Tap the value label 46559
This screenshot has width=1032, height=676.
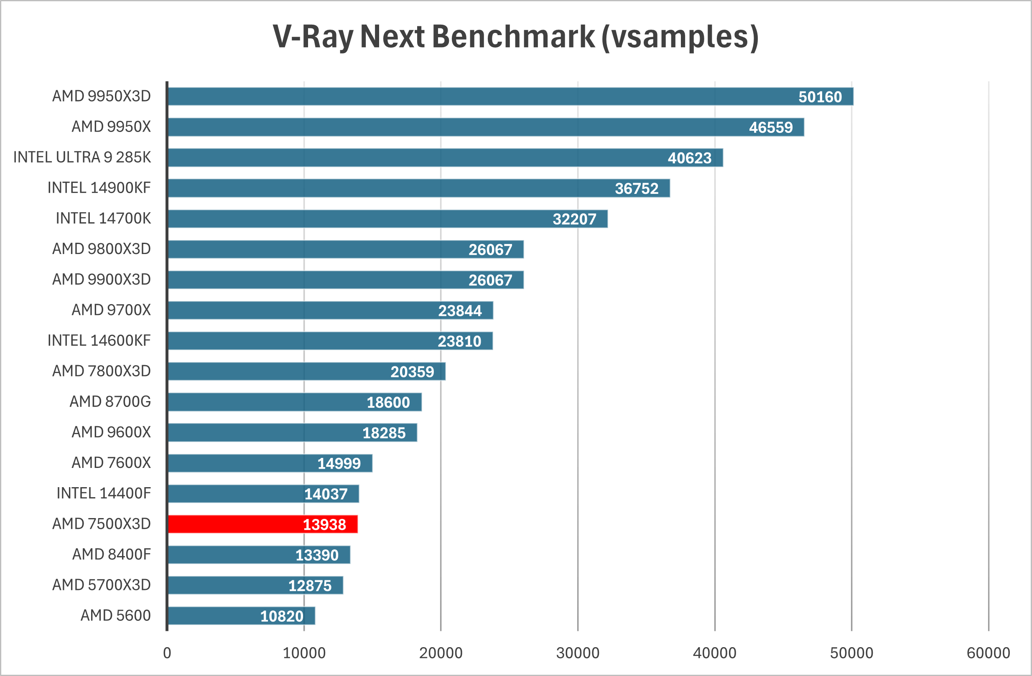point(770,127)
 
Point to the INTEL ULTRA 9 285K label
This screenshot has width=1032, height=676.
point(82,157)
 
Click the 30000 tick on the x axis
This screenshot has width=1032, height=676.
point(578,653)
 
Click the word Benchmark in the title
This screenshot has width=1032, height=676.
point(513,36)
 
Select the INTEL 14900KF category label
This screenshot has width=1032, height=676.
point(99,188)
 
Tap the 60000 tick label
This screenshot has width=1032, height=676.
point(988,653)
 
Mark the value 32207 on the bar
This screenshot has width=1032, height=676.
point(574,219)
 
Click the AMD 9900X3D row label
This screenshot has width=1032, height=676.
point(101,280)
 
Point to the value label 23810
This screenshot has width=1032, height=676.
point(459,341)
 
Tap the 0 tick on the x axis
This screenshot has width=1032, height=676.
point(167,653)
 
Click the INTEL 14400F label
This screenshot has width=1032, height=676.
point(104,493)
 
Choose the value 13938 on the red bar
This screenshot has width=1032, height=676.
point(324,525)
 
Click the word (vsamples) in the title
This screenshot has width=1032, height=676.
point(680,36)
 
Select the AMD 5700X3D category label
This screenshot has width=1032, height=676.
point(101,585)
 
